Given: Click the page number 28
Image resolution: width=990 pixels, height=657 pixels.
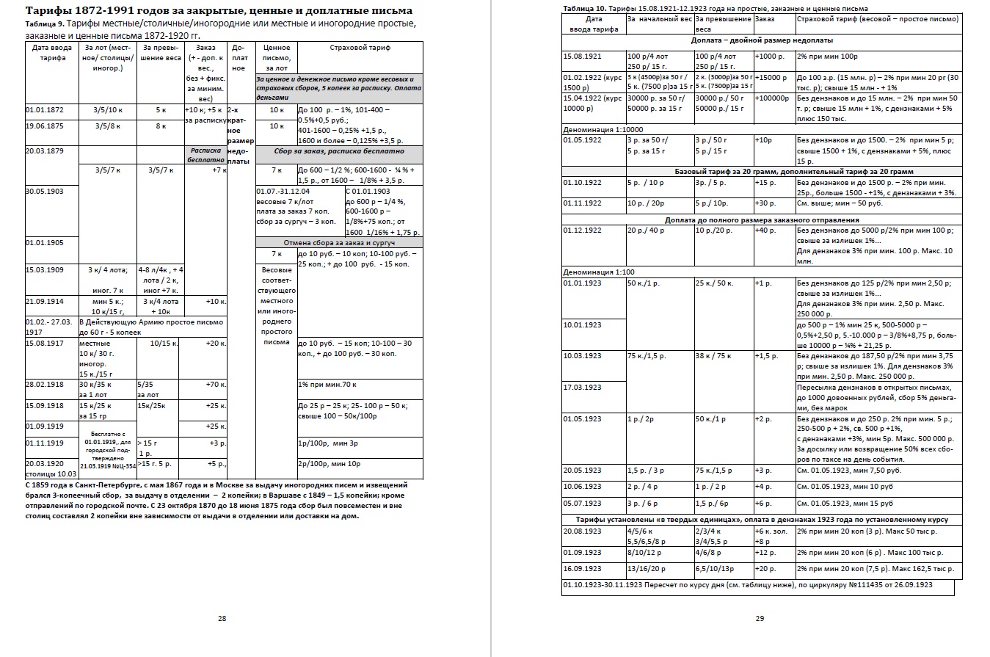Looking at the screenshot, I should [x=222, y=618].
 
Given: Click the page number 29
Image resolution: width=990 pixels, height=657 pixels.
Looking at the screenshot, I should [x=760, y=618].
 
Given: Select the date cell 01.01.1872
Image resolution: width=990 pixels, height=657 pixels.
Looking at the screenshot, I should [x=46, y=110].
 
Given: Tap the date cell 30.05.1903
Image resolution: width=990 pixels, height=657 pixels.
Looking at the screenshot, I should [x=46, y=192].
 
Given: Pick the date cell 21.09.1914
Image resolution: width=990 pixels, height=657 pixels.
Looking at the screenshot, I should [x=46, y=301].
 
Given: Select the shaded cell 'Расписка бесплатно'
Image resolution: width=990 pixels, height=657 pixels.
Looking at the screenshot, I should [x=205, y=154].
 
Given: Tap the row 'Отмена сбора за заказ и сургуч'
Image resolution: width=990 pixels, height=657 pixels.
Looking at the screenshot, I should [x=339, y=242].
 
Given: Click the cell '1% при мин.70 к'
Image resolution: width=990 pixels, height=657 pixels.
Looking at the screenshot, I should [x=328, y=384].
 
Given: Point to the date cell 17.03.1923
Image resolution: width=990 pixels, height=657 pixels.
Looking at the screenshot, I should [x=582, y=387].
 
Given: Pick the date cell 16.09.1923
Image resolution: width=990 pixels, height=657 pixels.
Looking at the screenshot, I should [x=582, y=568].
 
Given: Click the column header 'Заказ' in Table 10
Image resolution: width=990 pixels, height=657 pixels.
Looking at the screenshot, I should [x=764, y=18].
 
